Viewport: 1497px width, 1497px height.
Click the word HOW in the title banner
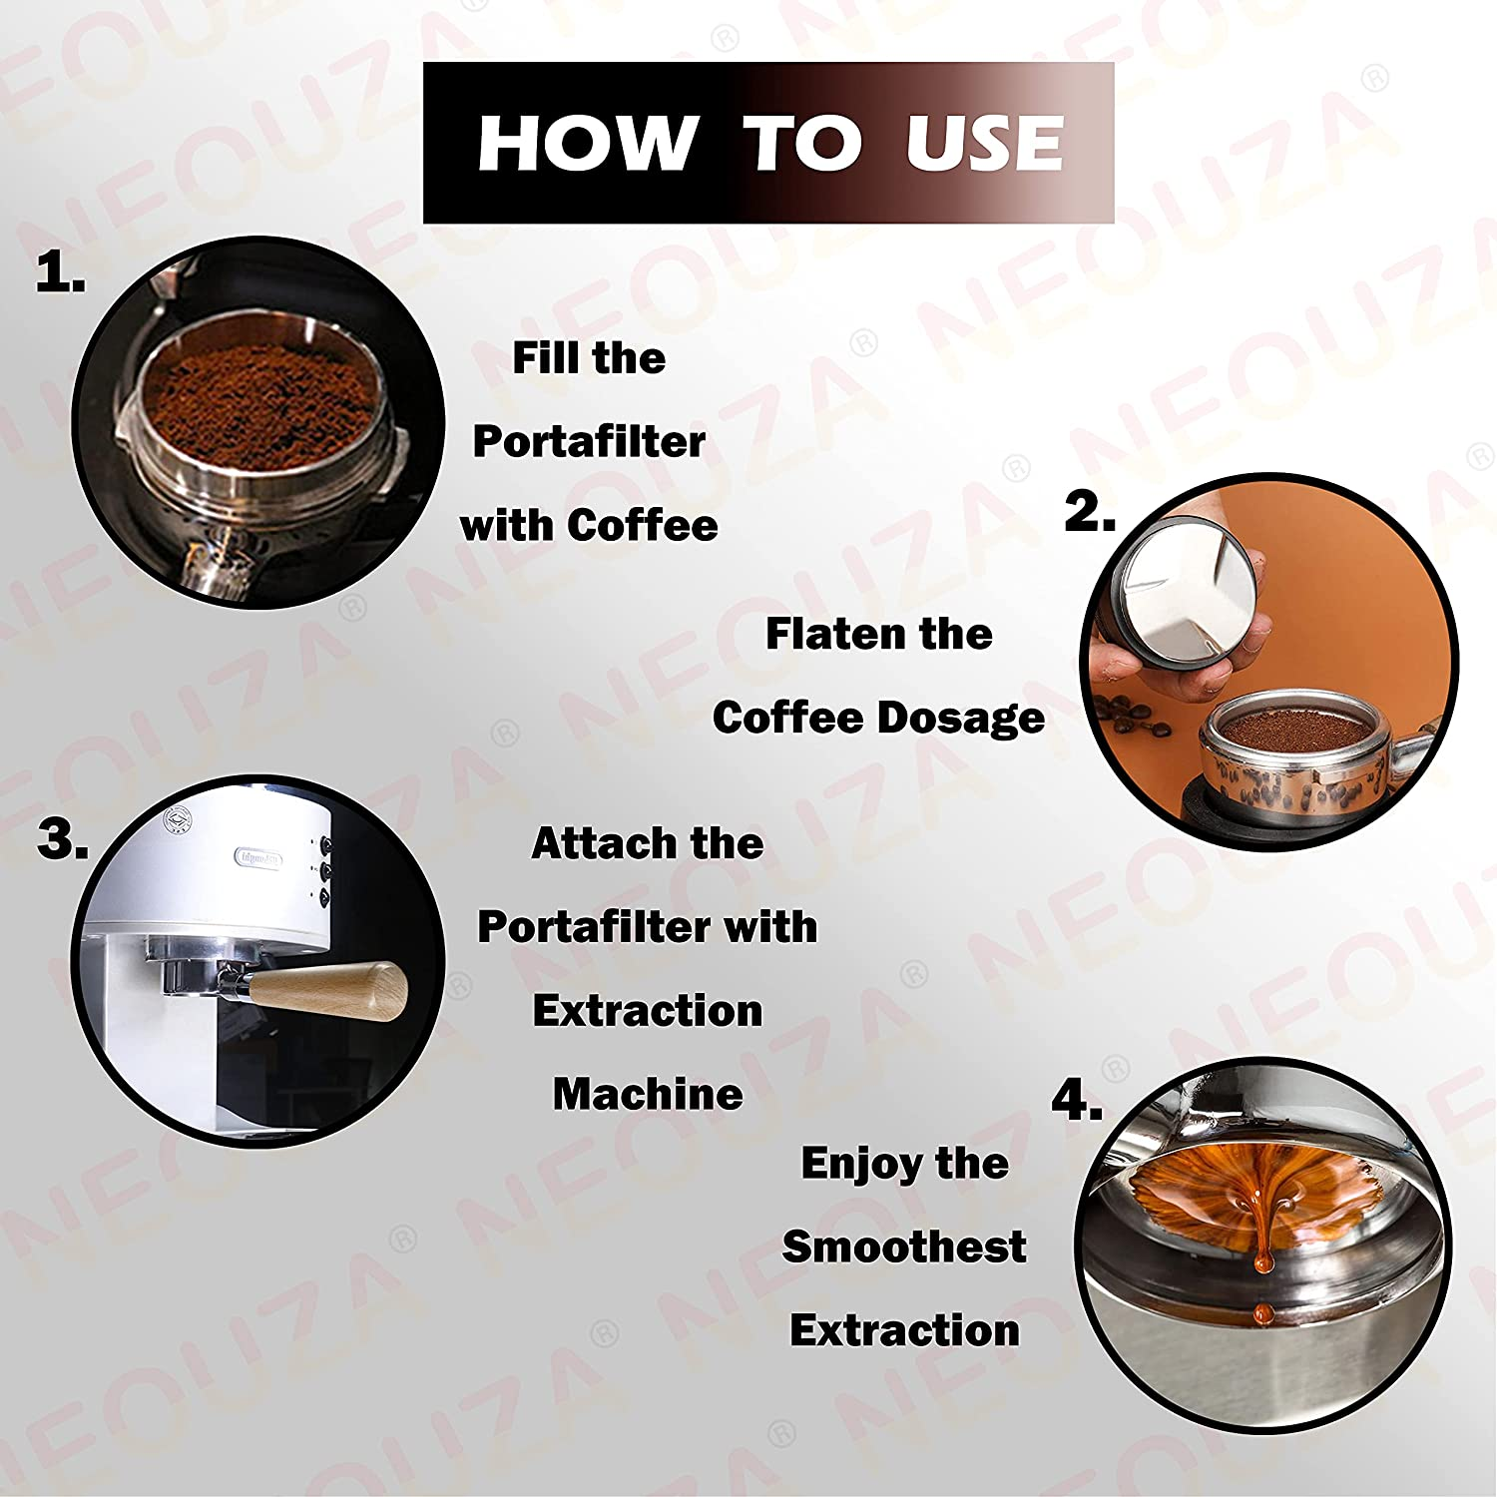point(587,143)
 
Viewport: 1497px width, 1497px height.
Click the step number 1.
point(59,272)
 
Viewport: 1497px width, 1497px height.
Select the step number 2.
point(1089,512)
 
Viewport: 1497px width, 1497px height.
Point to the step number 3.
point(62,839)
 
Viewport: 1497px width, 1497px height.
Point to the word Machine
point(648,1094)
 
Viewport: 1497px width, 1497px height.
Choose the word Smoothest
point(903,1247)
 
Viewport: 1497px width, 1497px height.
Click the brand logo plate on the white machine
point(258,857)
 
